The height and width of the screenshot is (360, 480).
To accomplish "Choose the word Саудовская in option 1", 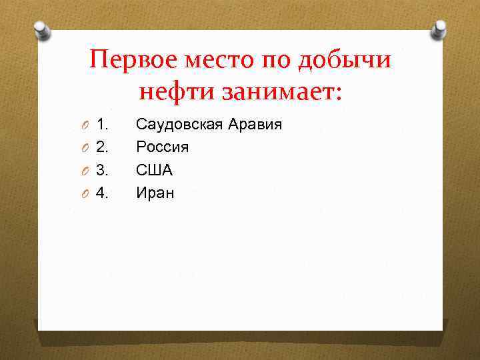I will click(x=179, y=124).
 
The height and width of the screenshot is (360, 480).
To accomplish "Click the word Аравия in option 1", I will click(x=255, y=124).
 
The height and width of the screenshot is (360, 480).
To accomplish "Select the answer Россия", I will click(x=162, y=147).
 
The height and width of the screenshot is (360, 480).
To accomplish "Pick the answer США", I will click(x=155, y=171).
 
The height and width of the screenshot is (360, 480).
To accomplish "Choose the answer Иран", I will click(x=155, y=193).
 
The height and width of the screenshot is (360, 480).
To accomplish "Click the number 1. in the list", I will click(x=103, y=124).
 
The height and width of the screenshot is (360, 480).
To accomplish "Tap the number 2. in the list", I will click(x=103, y=147).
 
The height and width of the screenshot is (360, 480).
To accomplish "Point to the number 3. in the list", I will click(x=103, y=171).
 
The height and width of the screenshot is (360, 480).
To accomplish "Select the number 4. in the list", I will click(x=103, y=193).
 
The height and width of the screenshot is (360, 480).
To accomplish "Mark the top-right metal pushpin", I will click(x=439, y=29).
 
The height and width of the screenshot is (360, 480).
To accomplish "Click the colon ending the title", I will click(x=337, y=92).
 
